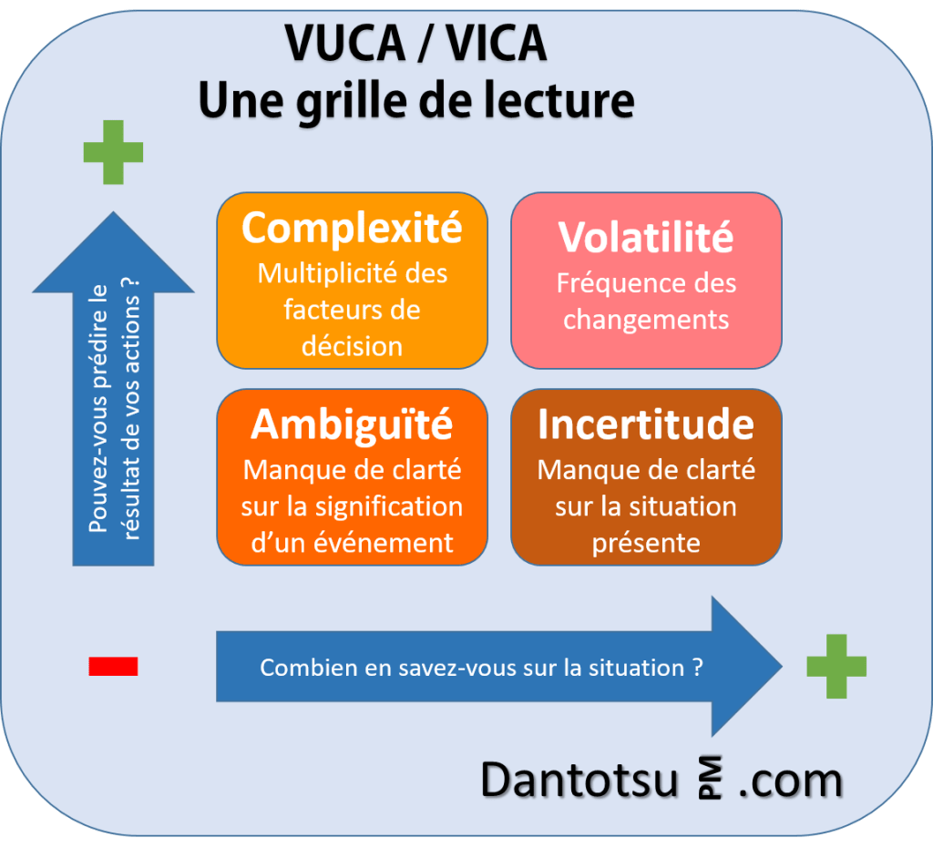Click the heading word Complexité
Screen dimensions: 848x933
click(352, 229)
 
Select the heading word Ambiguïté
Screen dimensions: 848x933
click(352, 424)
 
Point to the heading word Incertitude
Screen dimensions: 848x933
click(646, 424)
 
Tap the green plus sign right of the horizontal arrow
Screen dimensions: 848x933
click(836, 667)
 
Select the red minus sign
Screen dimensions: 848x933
click(113, 667)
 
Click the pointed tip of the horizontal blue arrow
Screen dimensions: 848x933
click(779, 667)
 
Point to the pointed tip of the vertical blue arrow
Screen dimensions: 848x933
click(113, 216)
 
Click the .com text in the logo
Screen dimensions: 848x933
click(790, 782)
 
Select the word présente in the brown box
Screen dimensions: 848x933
click(646, 543)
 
